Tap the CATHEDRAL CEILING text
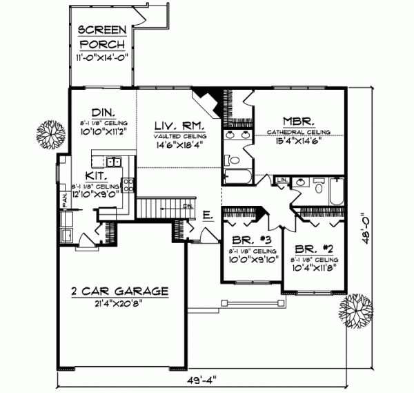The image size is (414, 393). (x=299, y=131)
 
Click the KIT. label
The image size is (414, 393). (x=95, y=177)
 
